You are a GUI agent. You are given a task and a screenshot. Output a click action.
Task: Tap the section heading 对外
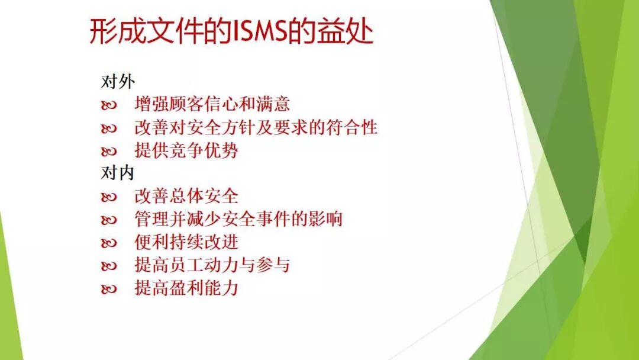[x=118, y=81]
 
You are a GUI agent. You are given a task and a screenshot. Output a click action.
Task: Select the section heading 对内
[x=118, y=173]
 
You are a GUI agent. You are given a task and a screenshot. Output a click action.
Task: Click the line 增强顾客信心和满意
[x=212, y=104]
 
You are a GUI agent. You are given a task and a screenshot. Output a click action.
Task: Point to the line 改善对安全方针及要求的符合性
[x=256, y=127]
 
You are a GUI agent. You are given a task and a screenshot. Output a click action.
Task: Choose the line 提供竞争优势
[x=186, y=150]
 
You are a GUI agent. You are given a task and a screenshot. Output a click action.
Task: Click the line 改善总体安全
[x=186, y=196]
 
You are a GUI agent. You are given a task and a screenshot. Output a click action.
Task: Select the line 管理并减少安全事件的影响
[x=238, y=219]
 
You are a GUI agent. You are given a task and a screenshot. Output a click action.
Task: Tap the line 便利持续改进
[x=186, y=242]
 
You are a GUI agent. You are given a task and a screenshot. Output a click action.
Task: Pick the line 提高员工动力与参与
[x=212, y=265]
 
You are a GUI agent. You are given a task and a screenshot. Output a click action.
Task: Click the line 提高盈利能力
[x=186, y=288]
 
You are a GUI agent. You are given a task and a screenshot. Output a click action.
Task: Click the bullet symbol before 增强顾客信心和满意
[x=109, y=105]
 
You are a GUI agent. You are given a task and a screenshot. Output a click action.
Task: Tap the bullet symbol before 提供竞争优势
[x=109, y=152]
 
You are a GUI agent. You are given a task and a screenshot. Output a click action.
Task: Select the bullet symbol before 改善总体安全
[x=109, y=197]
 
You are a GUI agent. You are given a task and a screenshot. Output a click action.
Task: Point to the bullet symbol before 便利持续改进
[x=109, y=243]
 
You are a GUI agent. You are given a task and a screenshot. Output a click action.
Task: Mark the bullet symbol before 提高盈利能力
[x=109, y=290]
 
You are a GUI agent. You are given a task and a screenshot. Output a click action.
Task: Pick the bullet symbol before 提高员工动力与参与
[x=109, y=266]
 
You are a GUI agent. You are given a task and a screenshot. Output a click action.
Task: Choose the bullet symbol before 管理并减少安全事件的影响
[x=109, y=220]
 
